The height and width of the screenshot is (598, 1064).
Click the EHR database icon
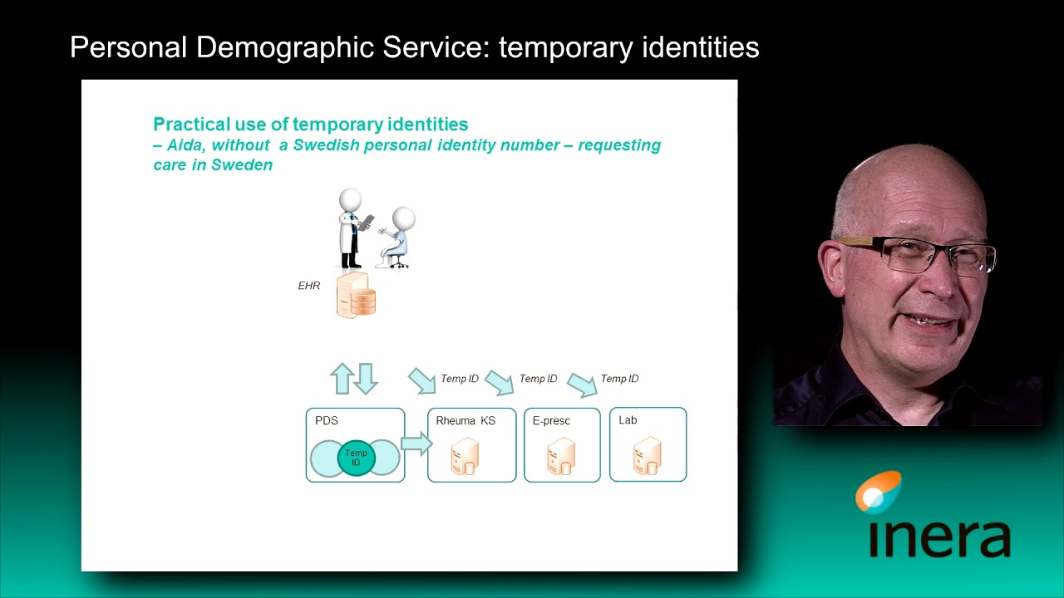point(357,296)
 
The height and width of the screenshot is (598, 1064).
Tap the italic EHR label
point(309,286)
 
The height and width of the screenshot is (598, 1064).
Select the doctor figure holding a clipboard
point(352,228)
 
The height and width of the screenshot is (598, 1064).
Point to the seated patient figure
point(397,238)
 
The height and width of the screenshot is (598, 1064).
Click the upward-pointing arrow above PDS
point(342,378)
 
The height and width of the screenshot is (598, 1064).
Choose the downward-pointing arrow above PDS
point(366,378)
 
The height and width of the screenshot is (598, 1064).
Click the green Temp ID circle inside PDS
point(356,458)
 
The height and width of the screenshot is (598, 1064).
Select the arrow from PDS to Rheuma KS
point(416,444)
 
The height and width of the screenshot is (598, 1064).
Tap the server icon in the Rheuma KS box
point(464,457)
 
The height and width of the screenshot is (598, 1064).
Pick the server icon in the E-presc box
point(561,457)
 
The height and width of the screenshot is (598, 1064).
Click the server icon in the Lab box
point(647,455)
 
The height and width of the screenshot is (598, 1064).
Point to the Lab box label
point(628,420)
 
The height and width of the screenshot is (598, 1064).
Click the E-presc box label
point(551,421)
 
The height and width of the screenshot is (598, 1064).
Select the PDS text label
point(327,421)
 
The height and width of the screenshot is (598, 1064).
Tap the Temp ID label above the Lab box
point(619,379)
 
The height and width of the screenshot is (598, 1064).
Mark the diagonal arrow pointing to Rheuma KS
point(422,381)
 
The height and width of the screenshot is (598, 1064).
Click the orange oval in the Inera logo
point(879,491)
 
